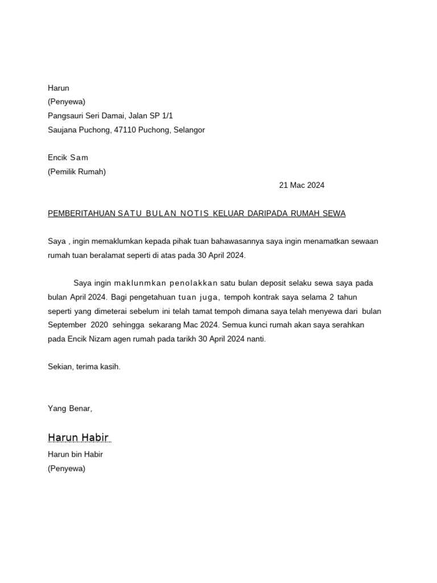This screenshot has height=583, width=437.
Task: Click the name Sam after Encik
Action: [x=79, y=158]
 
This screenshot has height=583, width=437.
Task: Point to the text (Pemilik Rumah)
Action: [x=77, y=171]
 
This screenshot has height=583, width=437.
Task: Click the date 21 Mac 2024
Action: [x=302, y=185]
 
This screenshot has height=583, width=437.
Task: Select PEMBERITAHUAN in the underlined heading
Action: [x=81, y=214]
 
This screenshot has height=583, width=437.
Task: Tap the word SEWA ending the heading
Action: [x=335, y=214]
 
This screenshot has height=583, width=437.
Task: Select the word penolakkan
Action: [x=193, y=283]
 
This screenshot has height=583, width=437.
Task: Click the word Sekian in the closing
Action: [x=60, y=367]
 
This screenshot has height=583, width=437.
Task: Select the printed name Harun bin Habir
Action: [x=75, y=454]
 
